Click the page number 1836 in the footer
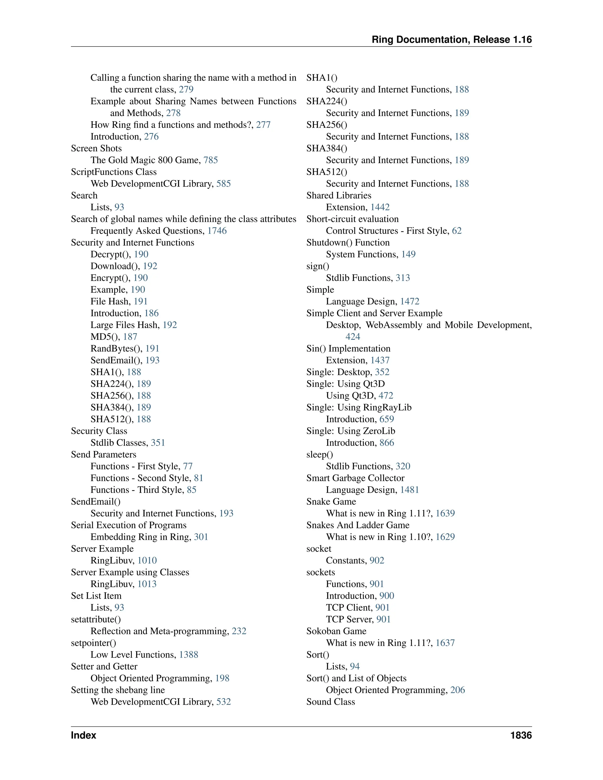coord(521,735)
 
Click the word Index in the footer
coord(84,735)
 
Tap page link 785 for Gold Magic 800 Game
coord(211,160)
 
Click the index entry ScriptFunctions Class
coord(114,172)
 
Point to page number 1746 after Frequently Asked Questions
coord(217,231)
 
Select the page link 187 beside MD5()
coord(130,336)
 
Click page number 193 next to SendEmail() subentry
coord(152,360)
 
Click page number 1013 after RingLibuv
coord(147,584)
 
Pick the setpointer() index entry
coord(94,643)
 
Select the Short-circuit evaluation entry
coord(352,219)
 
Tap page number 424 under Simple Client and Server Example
coord(352,336)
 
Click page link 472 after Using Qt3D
coord(385,395)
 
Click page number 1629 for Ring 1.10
coord(445,537)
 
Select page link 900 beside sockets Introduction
coord(387,596)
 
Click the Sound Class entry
coord(330,702)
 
